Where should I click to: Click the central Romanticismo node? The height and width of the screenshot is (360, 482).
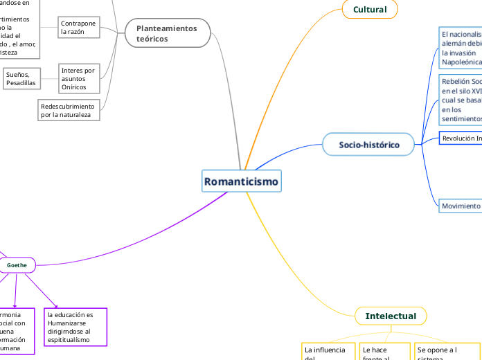(x=241, y=182)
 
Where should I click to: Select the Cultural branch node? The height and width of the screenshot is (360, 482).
(x=370, y=10)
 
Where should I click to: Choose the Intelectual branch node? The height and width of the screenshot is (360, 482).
(x=391, y=316)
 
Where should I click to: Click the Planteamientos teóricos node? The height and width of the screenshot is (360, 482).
(x=167, y=33)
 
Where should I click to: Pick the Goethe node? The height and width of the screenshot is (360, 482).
(x=17, y=265)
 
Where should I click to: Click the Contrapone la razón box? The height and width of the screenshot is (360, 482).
(x=78, y=28)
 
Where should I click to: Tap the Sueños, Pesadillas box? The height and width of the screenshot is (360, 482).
(x=21, y=79)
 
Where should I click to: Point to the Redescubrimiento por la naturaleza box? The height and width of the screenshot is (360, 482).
(x=69, y=110)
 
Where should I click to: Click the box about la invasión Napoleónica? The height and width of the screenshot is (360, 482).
(x=461, y=48)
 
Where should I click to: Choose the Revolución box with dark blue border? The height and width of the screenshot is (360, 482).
(x=461, y=138)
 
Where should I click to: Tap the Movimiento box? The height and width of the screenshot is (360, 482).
(x=461, y=206)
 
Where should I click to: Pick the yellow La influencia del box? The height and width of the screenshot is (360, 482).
(x=326, y=352)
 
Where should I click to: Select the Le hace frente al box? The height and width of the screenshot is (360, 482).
(x=384, y=352)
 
